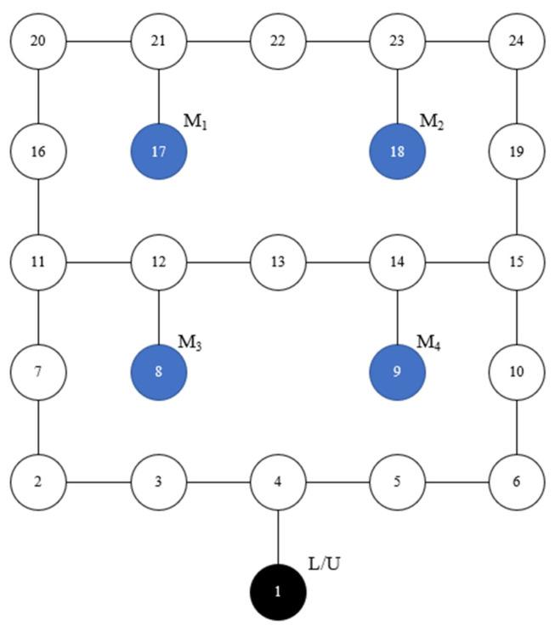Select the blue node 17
pyautogui.click(x=159, y=152)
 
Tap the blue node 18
pyautogui.click(x=398, y=152)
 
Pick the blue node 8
pyautogui.click(x=159, y=372)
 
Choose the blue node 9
pyautogui.click(x=398, y=372)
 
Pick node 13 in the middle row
pyautogui.click(x=279, y=262)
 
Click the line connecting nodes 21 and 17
pyautogui.click(x=159, y=97)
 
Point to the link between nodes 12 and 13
pyautogui.click(x=218, y=262)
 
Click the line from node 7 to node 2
pyautogui.click(x=39, y=427)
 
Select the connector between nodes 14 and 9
pyautogui.click(x=398, y=317)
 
